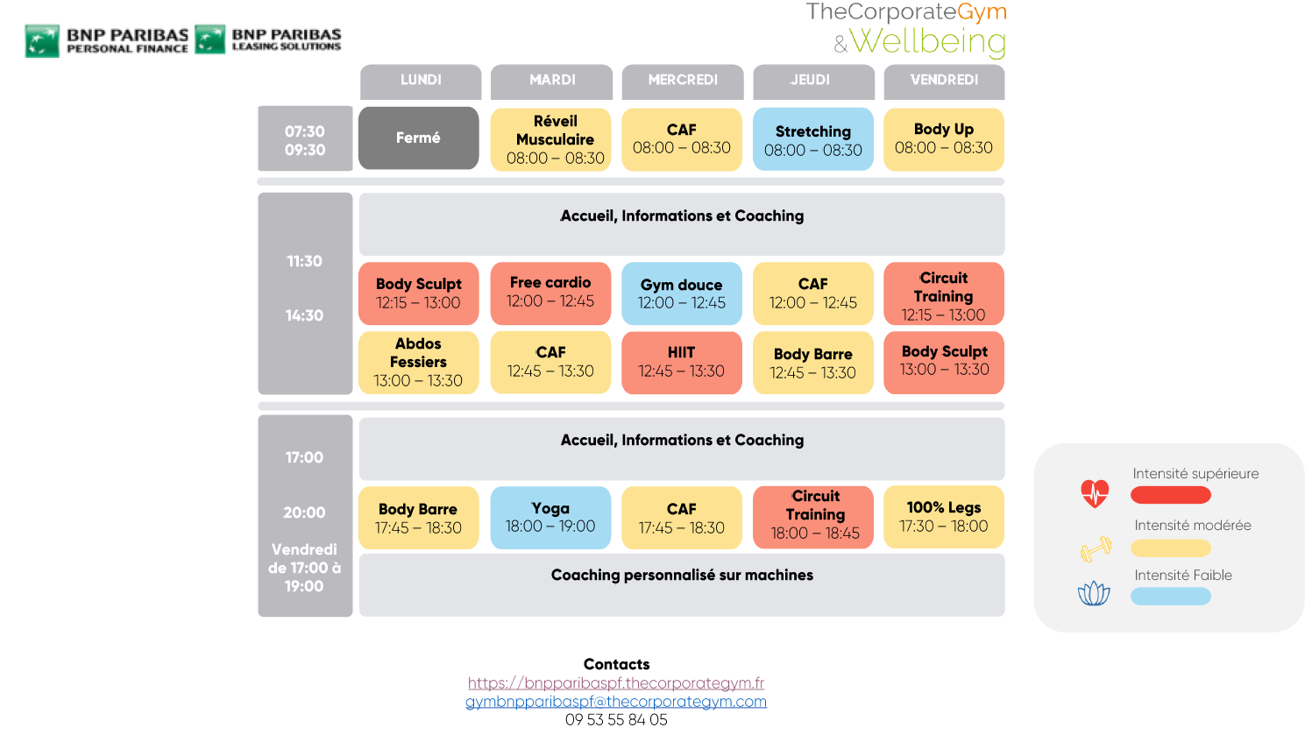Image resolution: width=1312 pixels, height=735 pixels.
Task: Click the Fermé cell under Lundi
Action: pos(418,138)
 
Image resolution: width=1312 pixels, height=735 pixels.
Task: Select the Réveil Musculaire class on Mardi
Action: pos(550,139)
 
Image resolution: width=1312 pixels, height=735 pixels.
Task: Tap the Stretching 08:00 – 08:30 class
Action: pos(812,139)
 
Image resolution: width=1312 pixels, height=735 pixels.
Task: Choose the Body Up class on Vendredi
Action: pos(943,139)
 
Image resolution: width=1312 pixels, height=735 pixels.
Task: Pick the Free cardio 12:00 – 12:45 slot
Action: pos(550,293)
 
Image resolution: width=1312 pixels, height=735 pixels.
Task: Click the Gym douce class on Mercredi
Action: pos(681,293)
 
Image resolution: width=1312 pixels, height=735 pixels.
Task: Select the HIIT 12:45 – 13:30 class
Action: pos(681,362)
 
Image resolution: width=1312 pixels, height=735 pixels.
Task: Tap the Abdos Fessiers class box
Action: pos(418,362)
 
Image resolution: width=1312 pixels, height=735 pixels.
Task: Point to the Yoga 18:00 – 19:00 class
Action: pos(550,517)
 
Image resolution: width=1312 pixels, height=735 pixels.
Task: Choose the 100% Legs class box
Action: pos(943,517)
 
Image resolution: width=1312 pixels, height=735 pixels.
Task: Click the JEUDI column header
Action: pos(812,81)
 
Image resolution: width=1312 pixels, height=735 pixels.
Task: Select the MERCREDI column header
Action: pos(682,81)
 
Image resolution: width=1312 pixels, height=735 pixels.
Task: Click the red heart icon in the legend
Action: pos(1095,493)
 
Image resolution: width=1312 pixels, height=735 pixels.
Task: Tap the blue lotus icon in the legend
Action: pos(1094,594)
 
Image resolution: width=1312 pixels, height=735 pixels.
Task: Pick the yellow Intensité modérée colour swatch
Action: pos(1170,548)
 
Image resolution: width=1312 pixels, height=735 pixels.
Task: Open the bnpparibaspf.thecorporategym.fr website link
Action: pos(616,683)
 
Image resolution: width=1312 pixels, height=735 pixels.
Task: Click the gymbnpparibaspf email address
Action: pos(616,702)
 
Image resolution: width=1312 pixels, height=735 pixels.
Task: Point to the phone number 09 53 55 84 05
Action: pos(616,720)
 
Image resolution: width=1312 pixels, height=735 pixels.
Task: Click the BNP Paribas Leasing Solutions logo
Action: pos(269,40)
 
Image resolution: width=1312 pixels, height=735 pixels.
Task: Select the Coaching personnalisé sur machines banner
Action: pos(681,584)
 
